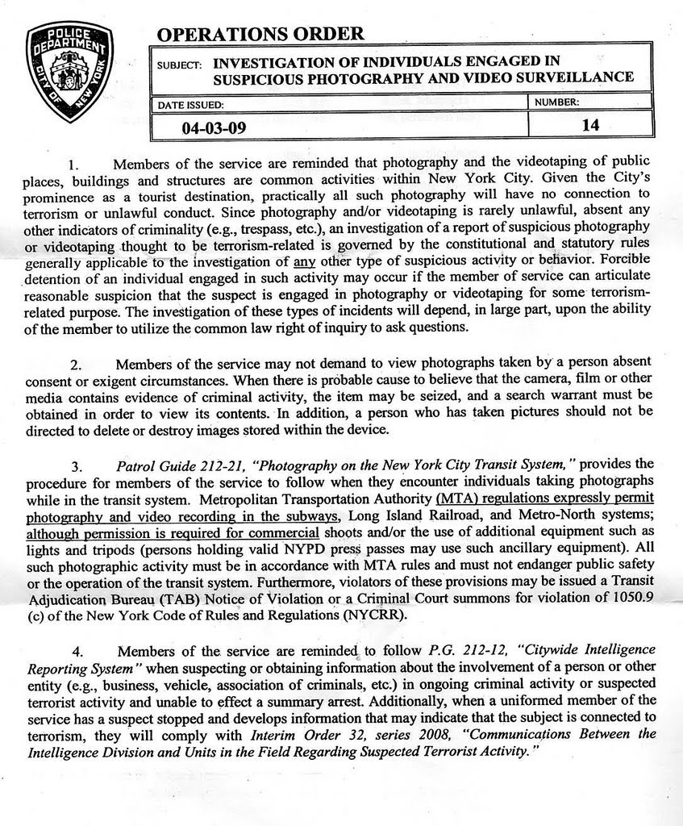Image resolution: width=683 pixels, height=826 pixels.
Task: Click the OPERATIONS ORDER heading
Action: (x=260, y=33)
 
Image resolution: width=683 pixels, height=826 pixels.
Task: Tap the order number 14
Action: (x=589, y=125)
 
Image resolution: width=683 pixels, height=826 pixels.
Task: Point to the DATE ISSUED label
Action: (x=197, y=104)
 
